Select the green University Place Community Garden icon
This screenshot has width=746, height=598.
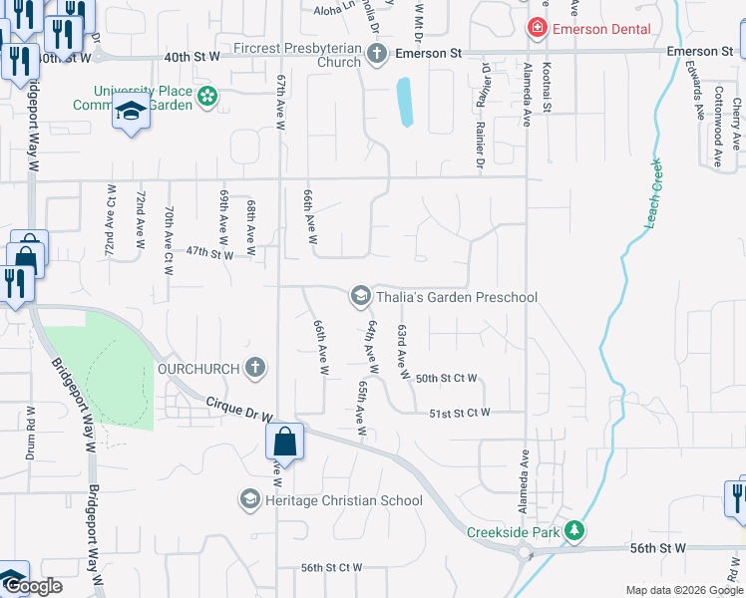[x=206, y=97]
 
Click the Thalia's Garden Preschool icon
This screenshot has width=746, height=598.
[x=359, y=296]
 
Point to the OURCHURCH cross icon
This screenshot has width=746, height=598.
[x=255, y=368]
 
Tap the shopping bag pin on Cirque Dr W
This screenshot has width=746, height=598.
[x=285, y=442]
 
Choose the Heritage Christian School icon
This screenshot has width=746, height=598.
[x=249, y=498]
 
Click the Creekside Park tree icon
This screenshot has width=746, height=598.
[x=574, y=531]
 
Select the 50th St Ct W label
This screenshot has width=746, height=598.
[x=447, y=379]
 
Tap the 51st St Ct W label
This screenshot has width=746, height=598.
[x=460, y=413]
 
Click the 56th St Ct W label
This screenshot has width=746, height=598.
[x=332, y=568]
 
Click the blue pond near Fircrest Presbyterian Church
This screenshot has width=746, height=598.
[x=405, y=102]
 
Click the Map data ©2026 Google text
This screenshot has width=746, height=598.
[x=683, y=590]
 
